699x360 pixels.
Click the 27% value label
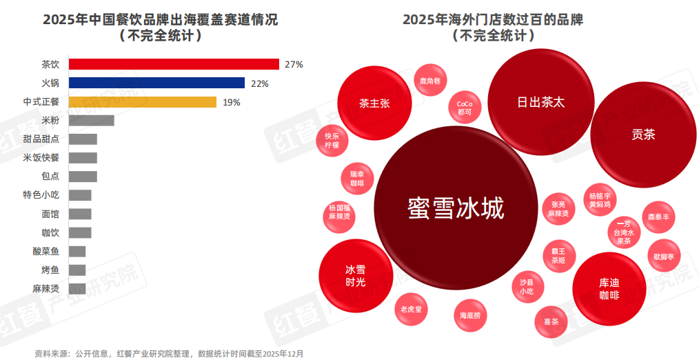pos(294,65)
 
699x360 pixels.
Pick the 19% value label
pos(231,102)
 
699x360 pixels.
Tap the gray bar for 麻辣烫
pos(78,288)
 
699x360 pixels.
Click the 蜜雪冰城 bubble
pos(455,208)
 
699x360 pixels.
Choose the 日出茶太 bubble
pos(541,101)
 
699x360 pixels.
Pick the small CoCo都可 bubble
pos(465,107)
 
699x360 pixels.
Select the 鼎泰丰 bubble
pos(658,217)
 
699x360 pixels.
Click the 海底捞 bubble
pos(474,315)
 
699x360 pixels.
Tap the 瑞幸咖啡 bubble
pos(357,179)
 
